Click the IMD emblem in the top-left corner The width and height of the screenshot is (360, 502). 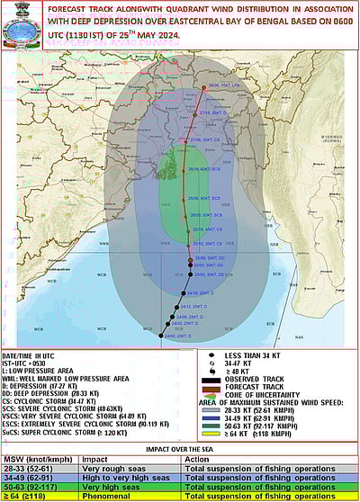point(22,27)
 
